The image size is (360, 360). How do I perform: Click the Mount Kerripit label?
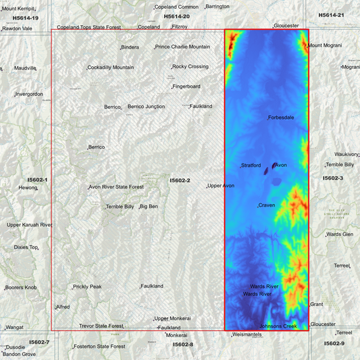pos(18,8)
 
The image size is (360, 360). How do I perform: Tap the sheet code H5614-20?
pos(176,16)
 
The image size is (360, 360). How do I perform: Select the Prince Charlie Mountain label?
pos(182,47)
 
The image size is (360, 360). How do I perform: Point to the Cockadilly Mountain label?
pos(111,68)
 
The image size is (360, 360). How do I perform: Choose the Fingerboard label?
pos(186,86)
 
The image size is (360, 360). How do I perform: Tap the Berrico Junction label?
pos(146,107)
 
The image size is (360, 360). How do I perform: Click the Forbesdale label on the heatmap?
pos(281,118)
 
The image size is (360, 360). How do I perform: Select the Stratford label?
pos(251,165)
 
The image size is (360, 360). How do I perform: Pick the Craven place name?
pos(267,205)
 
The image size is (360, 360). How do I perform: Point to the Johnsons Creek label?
pos(278,326)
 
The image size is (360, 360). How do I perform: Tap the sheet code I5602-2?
pos(180,180)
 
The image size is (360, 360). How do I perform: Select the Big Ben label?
pos(149,206)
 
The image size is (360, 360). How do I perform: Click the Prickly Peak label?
pos(88,286)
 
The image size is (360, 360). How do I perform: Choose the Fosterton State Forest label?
pos(99,346)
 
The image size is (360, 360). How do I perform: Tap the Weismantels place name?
pos(247,335)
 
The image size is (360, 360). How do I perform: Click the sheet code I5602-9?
pos(334,343)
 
